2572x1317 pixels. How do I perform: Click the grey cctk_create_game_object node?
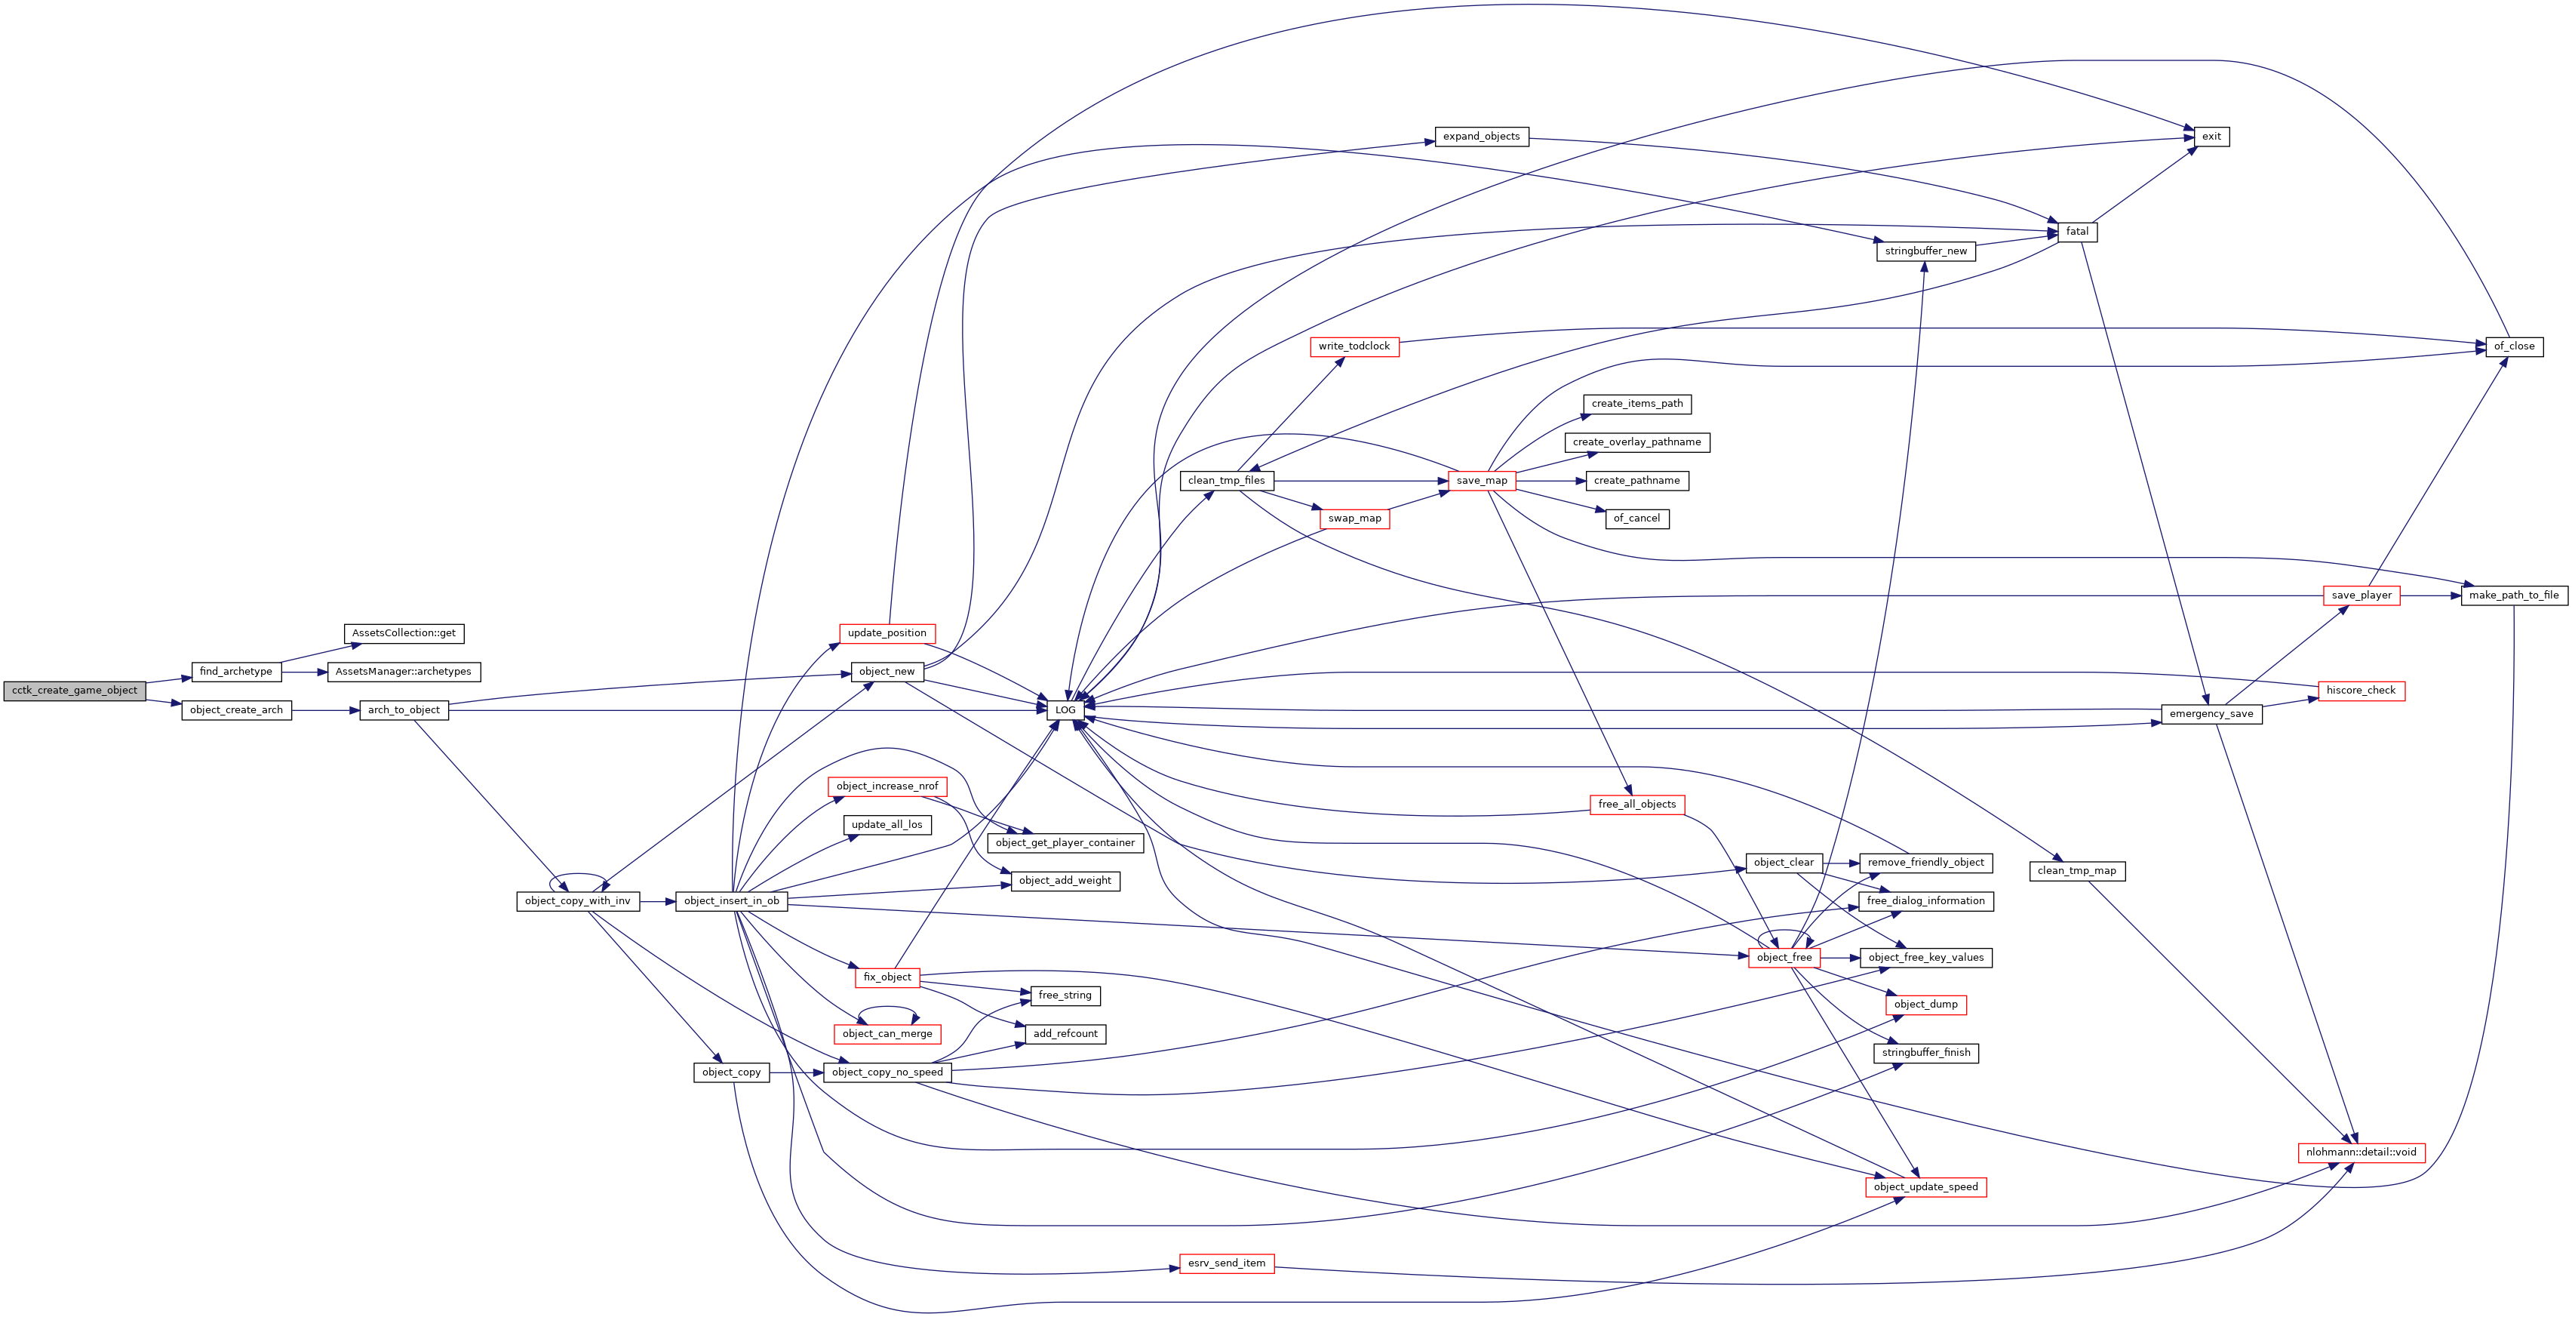75,690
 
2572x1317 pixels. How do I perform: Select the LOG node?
1065,710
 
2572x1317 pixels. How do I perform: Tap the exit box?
2211,136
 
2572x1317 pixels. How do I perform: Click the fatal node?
2077,232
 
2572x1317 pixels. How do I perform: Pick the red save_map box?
1482,480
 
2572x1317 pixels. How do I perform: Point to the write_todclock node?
1354,346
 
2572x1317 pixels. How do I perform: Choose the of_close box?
2514,346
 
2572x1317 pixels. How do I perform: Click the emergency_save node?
2211,714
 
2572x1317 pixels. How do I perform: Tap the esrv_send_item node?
1226,1263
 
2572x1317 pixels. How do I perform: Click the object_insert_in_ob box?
732,900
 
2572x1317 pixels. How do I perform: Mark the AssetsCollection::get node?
404,633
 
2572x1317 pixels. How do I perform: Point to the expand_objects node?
1482,136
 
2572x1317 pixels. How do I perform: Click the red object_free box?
1784,958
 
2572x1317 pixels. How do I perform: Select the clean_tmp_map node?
2077,871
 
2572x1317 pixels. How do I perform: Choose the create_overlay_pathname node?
1636,442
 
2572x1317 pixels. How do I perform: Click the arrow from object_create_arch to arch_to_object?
325,710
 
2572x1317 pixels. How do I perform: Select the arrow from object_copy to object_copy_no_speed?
797,1072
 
